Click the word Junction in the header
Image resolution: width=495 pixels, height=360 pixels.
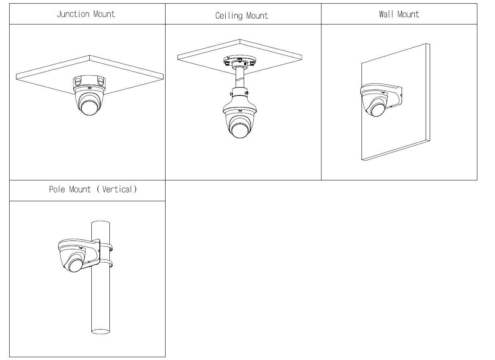click(x=73, y=14)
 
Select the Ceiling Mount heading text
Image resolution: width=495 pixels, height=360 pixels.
click(x=242, y=16)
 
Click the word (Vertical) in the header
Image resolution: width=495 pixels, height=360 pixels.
click(x=117, y=189)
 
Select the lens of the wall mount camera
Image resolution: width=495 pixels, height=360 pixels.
click(x=377, y=108)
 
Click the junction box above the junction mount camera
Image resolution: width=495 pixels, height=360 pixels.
click(x=89, y=82)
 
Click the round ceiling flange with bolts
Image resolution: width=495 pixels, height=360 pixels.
click(x=239, y=62)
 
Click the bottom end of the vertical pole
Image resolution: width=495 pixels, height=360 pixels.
click(x=101, y=331)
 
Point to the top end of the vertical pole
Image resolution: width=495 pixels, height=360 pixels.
click(x=101, y=223)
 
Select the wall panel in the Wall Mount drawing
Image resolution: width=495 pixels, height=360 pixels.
click(x=401, y=128)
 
